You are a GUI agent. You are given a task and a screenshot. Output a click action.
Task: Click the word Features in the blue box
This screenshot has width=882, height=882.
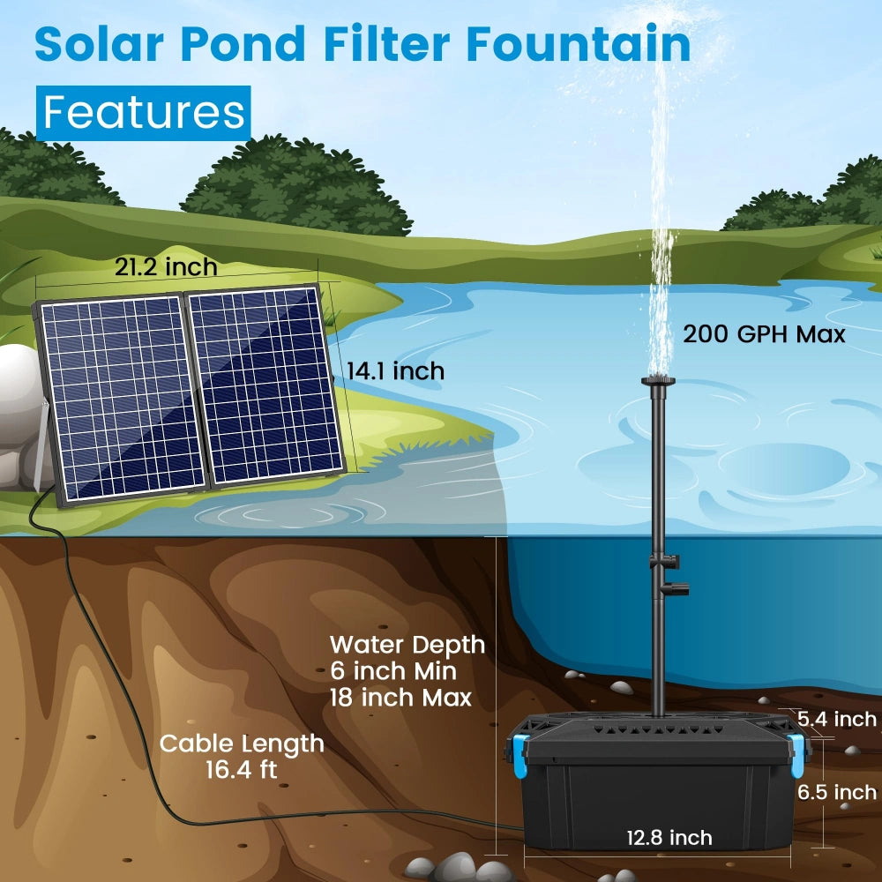point(144,113)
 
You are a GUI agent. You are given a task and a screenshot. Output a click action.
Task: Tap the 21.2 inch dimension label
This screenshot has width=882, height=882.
point(166,266)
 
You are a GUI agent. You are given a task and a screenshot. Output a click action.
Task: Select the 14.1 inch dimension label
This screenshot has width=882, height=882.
point(395,371)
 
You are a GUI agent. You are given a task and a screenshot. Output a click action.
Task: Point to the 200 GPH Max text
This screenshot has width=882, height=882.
point(764,334)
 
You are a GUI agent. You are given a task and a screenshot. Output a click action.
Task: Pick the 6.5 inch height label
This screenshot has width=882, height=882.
point(837,791)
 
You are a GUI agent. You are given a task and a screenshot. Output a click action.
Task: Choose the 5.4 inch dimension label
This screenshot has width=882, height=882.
point(837,719)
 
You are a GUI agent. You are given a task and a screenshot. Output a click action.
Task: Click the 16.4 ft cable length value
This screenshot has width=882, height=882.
point(241,769)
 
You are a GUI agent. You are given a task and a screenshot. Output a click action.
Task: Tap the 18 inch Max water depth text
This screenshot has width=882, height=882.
point(400,697)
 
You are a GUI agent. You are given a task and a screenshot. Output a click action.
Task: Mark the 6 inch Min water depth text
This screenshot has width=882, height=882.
point(393,671)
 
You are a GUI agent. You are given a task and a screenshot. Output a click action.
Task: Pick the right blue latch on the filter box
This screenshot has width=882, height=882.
point(797,757)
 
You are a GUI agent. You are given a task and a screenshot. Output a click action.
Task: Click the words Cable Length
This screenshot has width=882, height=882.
point(241,744)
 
